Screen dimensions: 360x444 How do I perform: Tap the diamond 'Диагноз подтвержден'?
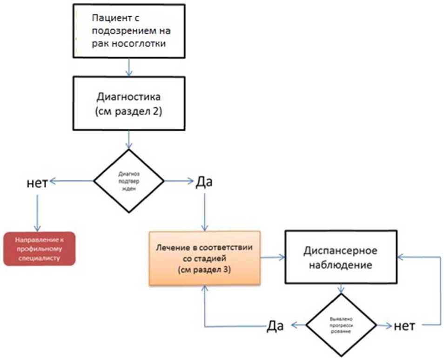(x=129, y=181)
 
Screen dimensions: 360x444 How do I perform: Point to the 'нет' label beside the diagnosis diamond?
(x=37, y=182)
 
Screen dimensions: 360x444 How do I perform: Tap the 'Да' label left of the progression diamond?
(x=275, y=326)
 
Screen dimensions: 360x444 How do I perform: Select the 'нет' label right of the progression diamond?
(x=404, y=325)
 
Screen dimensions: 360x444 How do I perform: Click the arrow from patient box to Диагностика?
(x=129, y=67)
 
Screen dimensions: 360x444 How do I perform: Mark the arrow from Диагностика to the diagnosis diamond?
(x=129, y=140)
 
